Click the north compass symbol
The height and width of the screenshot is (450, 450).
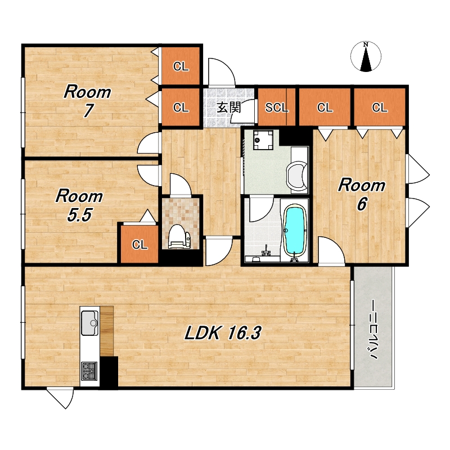coord(366,56)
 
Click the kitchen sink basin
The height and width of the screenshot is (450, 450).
coord(90,323)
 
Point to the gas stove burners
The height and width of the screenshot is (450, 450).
coord(89,371)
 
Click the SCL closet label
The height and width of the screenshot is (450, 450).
coord(277,107)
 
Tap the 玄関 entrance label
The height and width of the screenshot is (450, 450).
coord(229,107)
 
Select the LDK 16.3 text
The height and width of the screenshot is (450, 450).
coord(223,333)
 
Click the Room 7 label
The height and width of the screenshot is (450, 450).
coord(88,101)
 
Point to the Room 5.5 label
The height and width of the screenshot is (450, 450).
coord(79,205)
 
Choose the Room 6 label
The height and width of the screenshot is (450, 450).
coord(362,194)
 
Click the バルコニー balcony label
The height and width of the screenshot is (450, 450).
coord(373,330)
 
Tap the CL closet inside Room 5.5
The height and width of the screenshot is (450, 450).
coord(139,244)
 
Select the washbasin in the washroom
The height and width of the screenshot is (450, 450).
coord(297,174)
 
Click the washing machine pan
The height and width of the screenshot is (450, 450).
coord(263,139)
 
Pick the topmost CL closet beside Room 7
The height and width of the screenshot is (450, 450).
coord(181,66)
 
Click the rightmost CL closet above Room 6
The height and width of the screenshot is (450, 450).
coord(380,107)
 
